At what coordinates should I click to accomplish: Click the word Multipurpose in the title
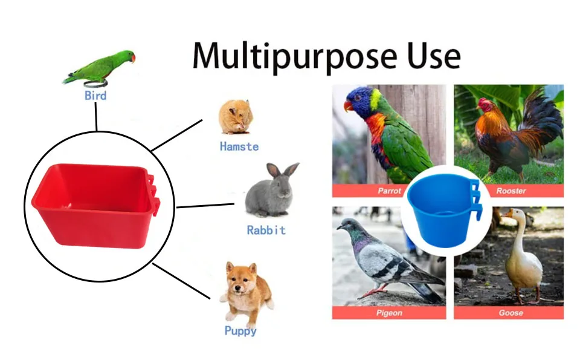coord(294,57)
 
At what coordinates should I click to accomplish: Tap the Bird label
coord(95,96)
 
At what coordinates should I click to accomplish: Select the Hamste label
coord(239,146)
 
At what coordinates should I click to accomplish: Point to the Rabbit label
coord(266,230)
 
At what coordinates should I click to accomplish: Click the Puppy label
coord(240,331)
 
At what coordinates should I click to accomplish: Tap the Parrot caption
coord(389,191)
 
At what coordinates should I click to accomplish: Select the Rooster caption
coord(511,191)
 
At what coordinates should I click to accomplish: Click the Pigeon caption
coord(389,313)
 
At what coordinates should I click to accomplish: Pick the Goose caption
coord(511,313)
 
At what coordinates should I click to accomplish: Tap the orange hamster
coord(236,117)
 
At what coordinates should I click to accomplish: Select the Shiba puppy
coord(247,292)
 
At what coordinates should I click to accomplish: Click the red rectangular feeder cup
coord(95,206)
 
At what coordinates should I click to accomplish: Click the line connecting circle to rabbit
coord(205,206)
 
